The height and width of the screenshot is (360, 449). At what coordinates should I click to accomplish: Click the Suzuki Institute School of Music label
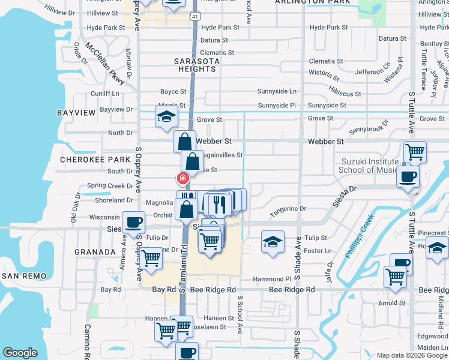(x=370, y=166)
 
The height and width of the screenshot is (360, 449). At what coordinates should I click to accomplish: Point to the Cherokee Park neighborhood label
(x=87, y=160)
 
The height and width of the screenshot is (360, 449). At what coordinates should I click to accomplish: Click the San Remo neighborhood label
(x=23, y=275)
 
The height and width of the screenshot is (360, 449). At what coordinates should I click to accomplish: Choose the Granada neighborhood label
(x=95, y=253)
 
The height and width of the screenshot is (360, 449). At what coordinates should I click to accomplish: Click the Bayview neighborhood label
(x=76, y=112)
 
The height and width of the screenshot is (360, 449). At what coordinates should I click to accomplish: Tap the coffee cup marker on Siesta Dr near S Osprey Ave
(x=133, y=223)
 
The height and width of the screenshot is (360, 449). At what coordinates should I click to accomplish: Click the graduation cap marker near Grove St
(x=166, y=116)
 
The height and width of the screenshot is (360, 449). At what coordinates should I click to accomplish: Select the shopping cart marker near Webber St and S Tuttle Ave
(x=415, y=152)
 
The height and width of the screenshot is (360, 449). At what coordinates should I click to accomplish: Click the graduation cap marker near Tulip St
(x=273, y=242)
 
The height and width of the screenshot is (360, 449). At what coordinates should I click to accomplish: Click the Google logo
(x=20, y=353)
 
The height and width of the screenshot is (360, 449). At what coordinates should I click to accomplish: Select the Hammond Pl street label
(x=271, y=279)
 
